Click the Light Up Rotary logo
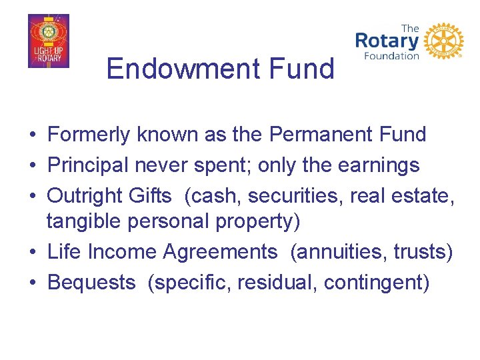point(48,41)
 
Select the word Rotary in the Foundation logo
point(387,41)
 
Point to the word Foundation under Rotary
point(391,56)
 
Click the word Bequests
point(91,283)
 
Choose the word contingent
point(375,283)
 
